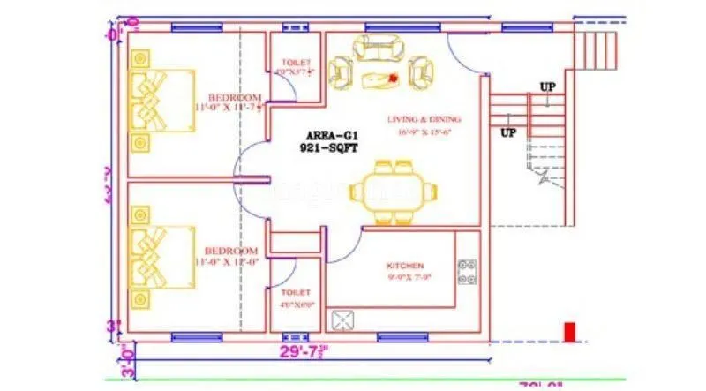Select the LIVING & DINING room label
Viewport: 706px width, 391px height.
click(424, 119)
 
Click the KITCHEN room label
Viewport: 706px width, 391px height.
click(405, 266)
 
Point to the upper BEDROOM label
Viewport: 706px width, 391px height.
click(235, 97)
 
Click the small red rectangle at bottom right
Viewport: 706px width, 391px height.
click(569, 332)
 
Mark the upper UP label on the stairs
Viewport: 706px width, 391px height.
click(547, 86)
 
